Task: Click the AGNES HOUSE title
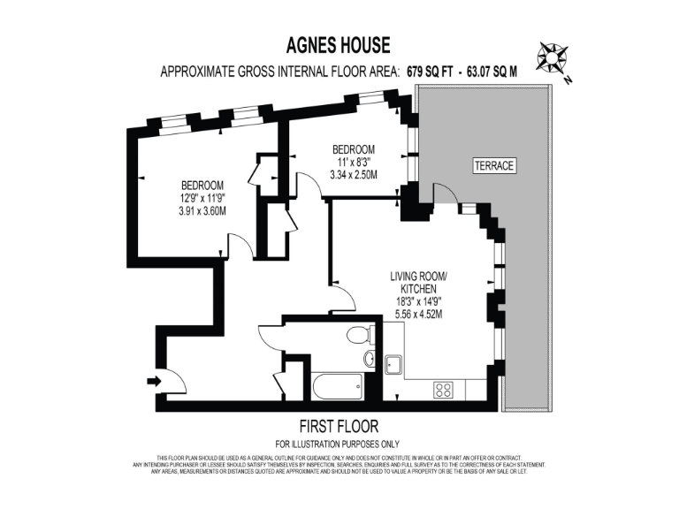[339, 44]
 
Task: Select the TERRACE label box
[493, 166]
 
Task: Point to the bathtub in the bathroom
[337, 386]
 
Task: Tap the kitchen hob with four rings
[443, 389]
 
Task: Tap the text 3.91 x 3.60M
[202, 210]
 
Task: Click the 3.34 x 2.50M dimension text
[353, 174]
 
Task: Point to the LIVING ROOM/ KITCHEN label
[419, 283]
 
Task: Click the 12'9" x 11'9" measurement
[202, 198]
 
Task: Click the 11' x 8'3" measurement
[353, 162]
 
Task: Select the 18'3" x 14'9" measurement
[419, 300]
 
